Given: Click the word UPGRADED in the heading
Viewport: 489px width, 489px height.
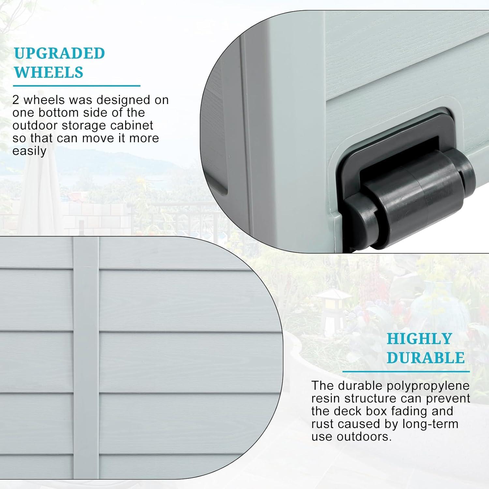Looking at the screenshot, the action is coord(59,53).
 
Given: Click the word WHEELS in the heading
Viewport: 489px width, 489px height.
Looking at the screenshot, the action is coord(49,72).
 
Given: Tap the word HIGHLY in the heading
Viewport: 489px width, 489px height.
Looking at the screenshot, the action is coord(419,339).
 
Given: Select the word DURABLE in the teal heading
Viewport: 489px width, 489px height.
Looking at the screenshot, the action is coord(425,358).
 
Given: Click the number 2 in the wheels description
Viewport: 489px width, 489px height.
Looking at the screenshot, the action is coord(16,100).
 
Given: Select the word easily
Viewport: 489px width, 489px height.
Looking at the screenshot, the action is coord(29,151).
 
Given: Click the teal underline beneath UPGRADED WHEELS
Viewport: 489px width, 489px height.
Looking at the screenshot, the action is coord(77,86).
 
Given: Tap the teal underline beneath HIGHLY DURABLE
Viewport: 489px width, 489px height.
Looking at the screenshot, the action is coord(406,371).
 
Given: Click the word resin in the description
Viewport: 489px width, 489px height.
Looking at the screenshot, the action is coord(326,399).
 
